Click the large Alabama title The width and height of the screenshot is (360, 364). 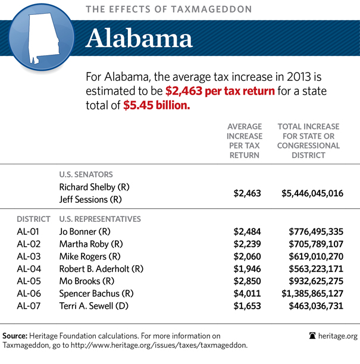click(x=139, y=38)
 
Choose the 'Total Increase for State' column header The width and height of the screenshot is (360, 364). click(x=308, y=141)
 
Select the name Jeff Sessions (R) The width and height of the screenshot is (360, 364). click(x=90, y=199)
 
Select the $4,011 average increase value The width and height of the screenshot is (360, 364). click(x=246, y=293)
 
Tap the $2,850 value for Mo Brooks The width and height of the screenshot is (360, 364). click(x=246, y=281)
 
